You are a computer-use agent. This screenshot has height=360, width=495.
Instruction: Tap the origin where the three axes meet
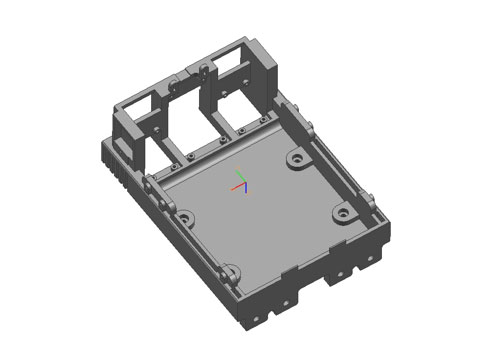[x=243, y=184]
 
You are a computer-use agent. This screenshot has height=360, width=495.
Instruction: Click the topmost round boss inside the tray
[x=296, y=159]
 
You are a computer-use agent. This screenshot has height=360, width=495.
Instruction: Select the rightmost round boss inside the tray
[x=342, y=215]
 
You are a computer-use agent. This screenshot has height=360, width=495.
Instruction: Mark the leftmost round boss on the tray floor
[x=186, y=218]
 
